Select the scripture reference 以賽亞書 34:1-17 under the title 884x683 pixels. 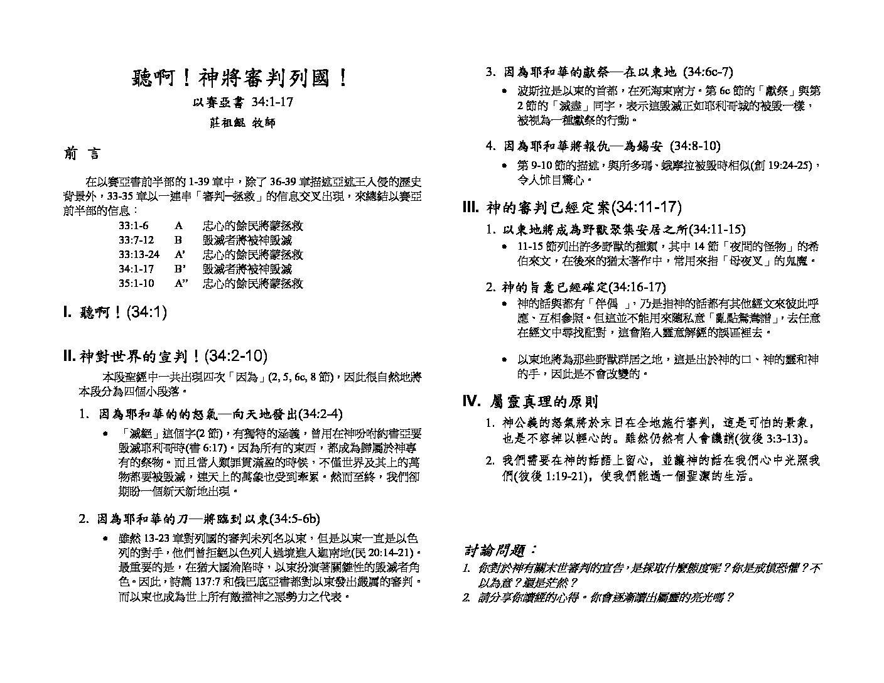(242, 102)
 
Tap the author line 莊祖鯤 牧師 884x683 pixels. (242, 122)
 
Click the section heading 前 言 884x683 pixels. (82, 154)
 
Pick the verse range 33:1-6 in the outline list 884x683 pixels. (133, 225)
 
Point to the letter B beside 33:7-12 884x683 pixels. (178, 240)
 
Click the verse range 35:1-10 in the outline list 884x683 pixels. (136, 283)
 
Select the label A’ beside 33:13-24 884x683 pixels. (180, 254)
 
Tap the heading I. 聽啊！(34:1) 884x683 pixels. (115, 312)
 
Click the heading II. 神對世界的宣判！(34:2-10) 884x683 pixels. (165, 357)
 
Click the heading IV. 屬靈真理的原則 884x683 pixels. (530, 401)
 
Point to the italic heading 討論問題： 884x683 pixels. (500, 550)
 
